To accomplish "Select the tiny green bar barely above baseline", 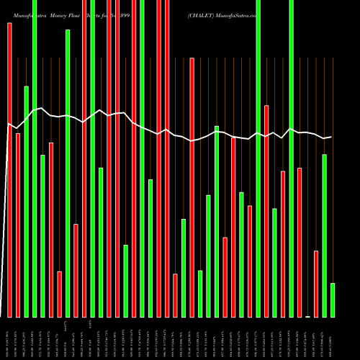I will (308, 316).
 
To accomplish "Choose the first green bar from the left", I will (26, 202).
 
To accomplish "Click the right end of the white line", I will (331, 137).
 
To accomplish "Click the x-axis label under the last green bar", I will (333, 338).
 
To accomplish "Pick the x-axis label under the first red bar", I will (9, 338).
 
